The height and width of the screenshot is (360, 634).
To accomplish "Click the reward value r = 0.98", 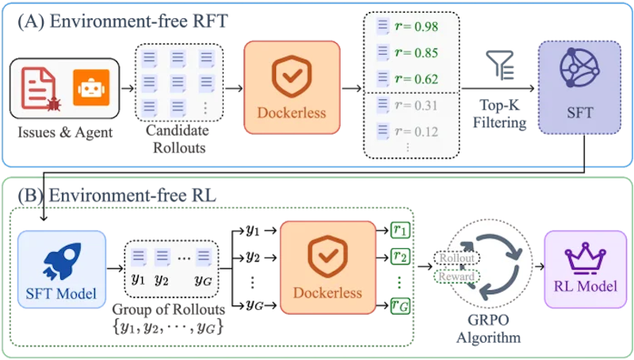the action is point(416,27).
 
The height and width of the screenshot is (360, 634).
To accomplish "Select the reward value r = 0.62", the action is point(416,79).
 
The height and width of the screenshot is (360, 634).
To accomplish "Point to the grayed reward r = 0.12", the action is point(416,132).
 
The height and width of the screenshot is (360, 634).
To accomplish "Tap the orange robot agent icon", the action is point(91,87).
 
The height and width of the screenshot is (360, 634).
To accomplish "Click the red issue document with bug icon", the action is point(41,89).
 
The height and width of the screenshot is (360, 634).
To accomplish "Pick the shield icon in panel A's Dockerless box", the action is point(292,77).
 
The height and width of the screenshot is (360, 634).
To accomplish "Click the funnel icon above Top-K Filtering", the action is point(500,65).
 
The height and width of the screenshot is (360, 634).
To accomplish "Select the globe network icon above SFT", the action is point(579,67).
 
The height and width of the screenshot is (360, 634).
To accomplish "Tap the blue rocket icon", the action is point(63,261).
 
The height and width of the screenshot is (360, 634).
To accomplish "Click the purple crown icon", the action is point(585,259).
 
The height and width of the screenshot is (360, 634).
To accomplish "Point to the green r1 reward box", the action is point(400,231).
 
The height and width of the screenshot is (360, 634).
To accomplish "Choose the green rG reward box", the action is point(400,305).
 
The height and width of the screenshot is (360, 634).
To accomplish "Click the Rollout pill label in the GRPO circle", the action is point(457,258).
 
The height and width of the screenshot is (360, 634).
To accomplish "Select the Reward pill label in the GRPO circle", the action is point(457,276).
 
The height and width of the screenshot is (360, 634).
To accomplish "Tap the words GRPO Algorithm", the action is point(488,328).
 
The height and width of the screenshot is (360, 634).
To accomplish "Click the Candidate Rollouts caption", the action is point(178,139).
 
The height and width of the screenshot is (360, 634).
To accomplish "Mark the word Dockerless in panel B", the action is point(327,293).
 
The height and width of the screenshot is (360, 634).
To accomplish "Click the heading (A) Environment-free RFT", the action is point(123,21).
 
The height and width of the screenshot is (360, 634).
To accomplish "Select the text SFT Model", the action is point(62,293).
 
